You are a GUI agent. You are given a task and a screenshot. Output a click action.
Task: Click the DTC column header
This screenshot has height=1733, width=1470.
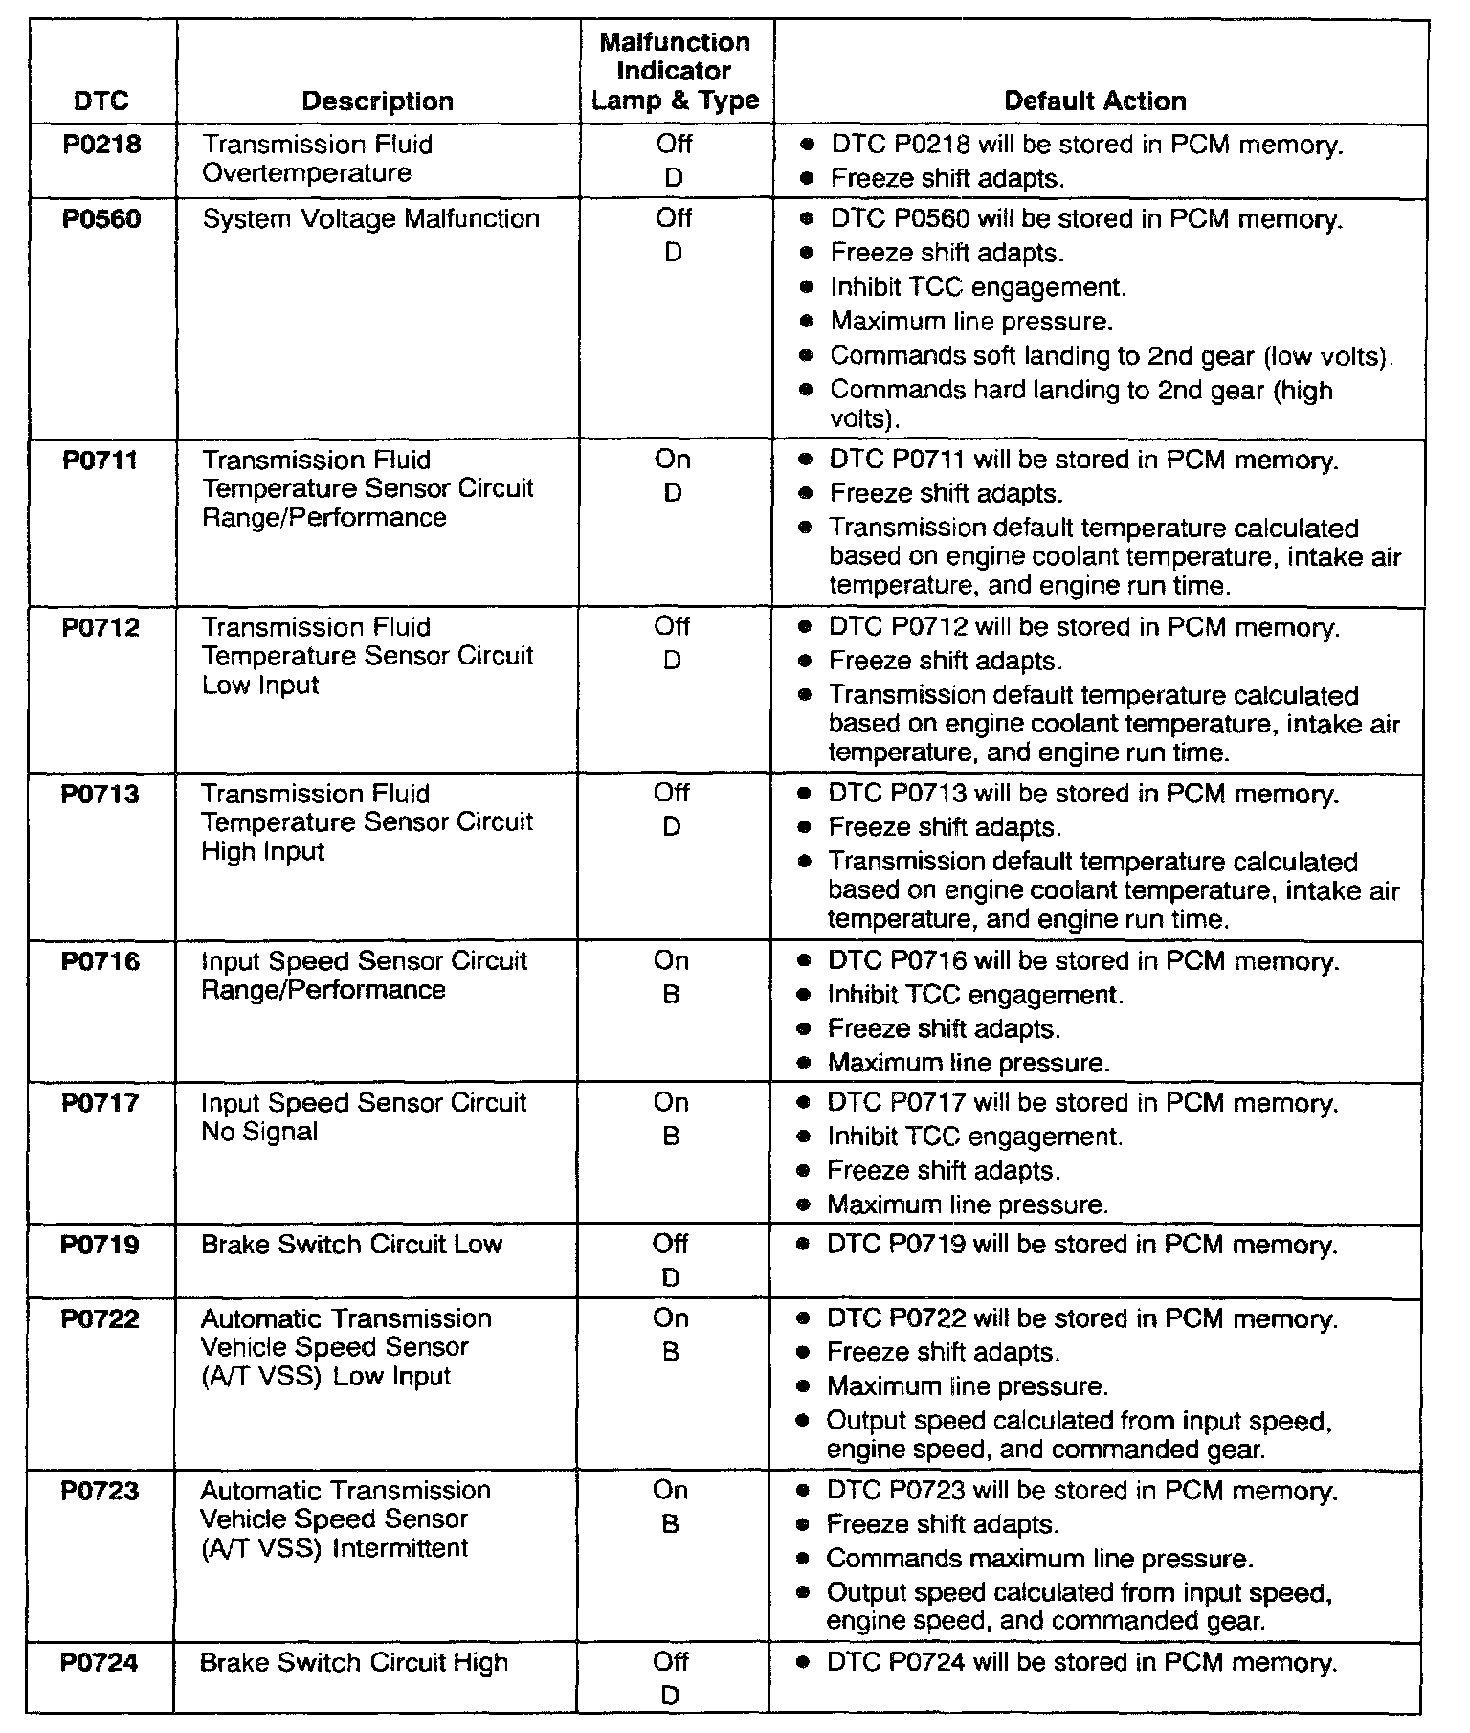point(100,101)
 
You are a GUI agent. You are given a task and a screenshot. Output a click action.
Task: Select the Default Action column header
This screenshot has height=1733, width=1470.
point(1095,101)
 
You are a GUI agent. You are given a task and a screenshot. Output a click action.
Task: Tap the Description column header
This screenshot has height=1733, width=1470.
point(377,101)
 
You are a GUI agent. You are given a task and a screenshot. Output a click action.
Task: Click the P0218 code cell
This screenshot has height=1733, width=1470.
point(101,145)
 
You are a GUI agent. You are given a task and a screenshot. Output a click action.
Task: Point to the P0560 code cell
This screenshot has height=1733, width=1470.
point(101,219)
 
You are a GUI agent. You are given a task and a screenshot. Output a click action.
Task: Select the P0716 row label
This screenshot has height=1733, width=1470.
point(100,961)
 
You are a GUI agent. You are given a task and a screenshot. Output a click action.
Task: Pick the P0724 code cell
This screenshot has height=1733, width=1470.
point(100,1663)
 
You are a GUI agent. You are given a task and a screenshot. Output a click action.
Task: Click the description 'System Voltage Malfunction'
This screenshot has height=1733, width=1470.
point(370,219)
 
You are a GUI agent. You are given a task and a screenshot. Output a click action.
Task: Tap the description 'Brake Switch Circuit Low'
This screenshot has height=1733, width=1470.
point(351,1245)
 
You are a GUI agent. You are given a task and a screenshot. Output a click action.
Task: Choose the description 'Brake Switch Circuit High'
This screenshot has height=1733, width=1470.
point(353,1663)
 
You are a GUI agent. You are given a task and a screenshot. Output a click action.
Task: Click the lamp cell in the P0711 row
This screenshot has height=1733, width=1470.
point(673,476)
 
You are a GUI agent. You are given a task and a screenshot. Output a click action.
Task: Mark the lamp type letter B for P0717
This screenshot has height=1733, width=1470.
point(671,1137)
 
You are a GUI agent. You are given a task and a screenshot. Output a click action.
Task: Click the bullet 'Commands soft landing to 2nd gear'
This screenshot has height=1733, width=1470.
point(1110,356)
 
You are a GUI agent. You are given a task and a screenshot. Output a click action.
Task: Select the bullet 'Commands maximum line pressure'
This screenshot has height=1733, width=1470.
point(1039,1559)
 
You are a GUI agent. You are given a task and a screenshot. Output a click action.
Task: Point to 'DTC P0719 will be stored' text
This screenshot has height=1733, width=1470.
point(1081,1245)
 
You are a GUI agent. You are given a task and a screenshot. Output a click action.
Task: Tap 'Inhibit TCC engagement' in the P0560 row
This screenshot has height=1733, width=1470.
point(978,287)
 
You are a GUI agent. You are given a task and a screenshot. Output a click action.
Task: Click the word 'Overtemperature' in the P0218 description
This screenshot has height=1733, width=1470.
point(307,173)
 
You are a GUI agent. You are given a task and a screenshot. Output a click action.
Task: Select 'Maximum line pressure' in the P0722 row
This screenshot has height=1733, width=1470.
point(968,1386)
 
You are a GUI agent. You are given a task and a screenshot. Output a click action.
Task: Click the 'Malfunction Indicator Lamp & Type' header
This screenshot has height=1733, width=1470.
point(675,72)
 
